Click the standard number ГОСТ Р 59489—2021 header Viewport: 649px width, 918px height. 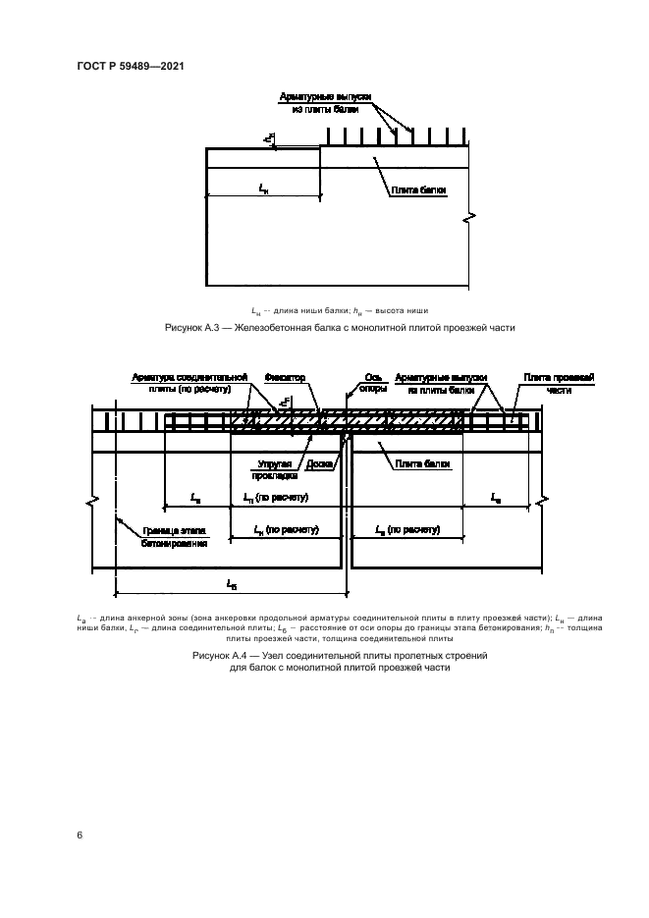click(x=131, y=66)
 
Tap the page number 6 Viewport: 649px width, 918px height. click(x=80, y=835)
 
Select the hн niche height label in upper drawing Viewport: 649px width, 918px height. click(x=269, y=140)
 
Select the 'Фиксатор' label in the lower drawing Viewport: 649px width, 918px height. click(x=286, y=376)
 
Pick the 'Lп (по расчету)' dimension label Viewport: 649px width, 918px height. click(x=276, y=498)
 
